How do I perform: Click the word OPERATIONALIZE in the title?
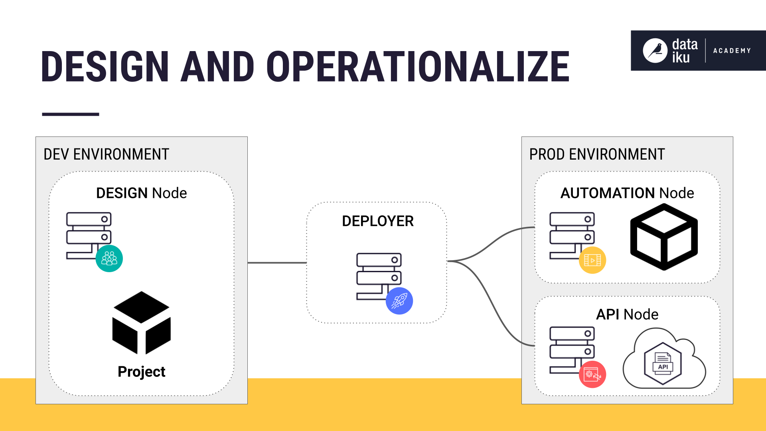(417, 67)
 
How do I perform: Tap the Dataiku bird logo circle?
(655, 51)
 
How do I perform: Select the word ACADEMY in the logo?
(732, 51)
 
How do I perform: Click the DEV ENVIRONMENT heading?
(106, 154)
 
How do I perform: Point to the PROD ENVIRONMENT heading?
(597, 154)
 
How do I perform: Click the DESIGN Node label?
(141, 193)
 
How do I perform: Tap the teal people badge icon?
(109, 259)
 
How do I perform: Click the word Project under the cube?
(141, 372)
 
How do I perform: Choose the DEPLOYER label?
(377, 221)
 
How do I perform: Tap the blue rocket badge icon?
(399, 301)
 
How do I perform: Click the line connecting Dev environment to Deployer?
(277, 263)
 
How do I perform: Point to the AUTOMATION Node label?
(627, 193)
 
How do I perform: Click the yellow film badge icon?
(592, 260)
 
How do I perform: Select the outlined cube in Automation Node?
(663, 237)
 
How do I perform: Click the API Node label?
(627, 314)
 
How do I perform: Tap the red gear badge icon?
(592, 374)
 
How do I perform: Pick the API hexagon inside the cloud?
(663, 363)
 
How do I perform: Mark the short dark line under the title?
(70, 114)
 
